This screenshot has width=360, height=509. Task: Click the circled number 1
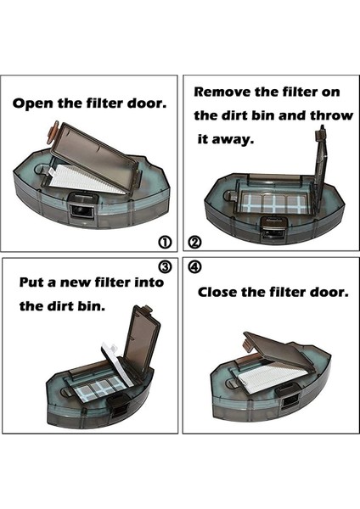point(165,242)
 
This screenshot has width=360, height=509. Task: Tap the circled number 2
point(195,242)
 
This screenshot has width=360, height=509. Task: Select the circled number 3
point(165,266)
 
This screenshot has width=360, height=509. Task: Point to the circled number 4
point(195,266)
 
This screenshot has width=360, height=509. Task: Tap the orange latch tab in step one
point(52,134)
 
